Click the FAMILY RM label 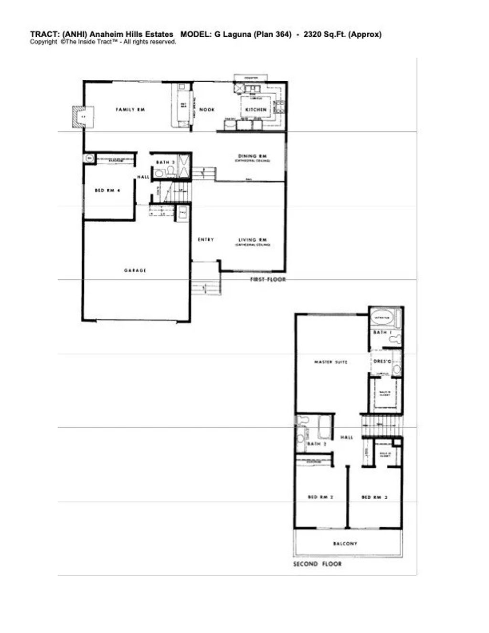[x=130, y=110]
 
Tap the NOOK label [x=207, y=110]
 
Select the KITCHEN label [x=255, y=110]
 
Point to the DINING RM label [x=252, y=156]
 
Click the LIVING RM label [x=253, y=240]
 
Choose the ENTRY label [x=206, y=240]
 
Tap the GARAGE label [x=135, y=270]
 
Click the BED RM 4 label [x=107, y=190]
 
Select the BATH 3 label [x=165, y=162]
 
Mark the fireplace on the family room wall [x=79, y=116]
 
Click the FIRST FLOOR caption [x=268, y=279]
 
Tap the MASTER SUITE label [x=330, y=362]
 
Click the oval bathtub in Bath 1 [x=382, y=317]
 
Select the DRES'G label [x=382, y=362]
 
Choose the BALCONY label [x=345, y=544]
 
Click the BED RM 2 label [x=320, y=497]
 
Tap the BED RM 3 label [x=374, y=497]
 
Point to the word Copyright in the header [x=43, y=42]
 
